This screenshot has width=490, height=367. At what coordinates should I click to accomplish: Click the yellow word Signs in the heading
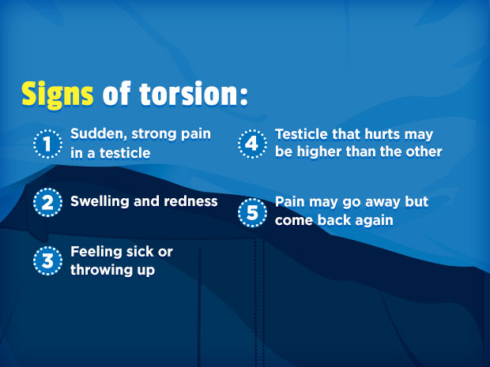click(57, 94)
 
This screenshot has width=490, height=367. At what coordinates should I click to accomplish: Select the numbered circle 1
click(47, 144)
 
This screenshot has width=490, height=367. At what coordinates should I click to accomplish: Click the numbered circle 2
click(47, 202)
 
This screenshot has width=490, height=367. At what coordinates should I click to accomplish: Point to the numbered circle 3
click(47, 261)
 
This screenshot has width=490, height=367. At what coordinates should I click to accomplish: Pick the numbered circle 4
click(251, 144)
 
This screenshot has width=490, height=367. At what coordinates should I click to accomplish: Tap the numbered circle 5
click(251, 212)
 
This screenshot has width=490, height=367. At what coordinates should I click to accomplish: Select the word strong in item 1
click(155, 134)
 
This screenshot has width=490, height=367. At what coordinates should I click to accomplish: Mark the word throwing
click(102, 270)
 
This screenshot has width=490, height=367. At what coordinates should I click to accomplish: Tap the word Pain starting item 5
click(290, 202)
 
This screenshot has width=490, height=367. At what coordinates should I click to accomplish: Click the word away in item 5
click(380, 202)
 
